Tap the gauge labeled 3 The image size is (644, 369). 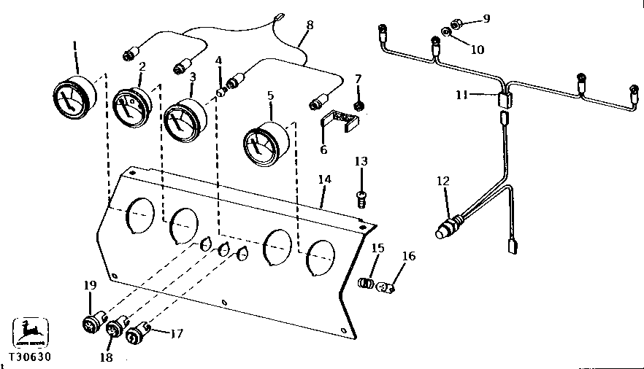pyautogui.click(x=183, y=120)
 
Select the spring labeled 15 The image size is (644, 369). pyautogui.click(x=369, y=282)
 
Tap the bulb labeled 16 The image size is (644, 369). pyautogui.click(x=386, y=288)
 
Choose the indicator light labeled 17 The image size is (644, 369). pyautogui.click(x=138, y=336)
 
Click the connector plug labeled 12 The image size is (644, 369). pyautogui.click(x=450, y=225)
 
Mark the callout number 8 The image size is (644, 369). pyautogui.click(x=310, y=25)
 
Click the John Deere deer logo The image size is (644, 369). pyautogui.click(x=31, y=333)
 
